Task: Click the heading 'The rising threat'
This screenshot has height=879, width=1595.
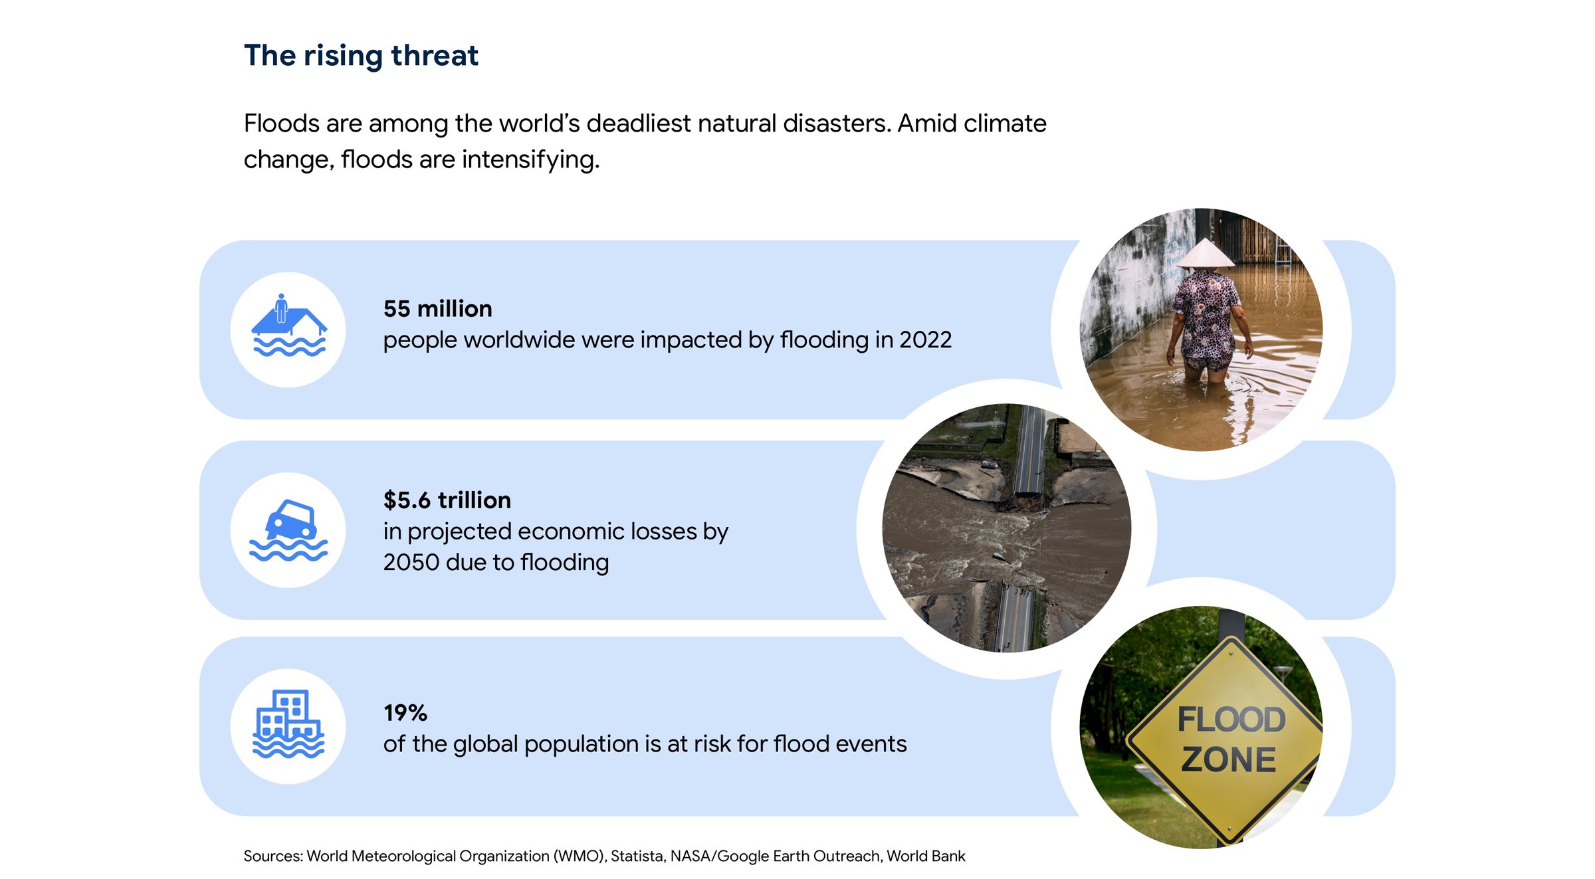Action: pos(361,56)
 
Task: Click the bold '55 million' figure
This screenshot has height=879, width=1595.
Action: pos(437,309)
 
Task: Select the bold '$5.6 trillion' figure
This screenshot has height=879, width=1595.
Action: pos(447,500)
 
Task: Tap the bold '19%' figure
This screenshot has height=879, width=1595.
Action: pos(405,713)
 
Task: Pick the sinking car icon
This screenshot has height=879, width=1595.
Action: pos(289,530)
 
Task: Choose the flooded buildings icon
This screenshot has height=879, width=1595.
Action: pos(288,724)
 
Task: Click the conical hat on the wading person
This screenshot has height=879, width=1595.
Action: pos(1205,254)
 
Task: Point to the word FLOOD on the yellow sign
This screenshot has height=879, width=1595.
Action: pos(1231,720)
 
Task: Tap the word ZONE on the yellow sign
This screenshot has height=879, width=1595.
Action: pos(1229,760)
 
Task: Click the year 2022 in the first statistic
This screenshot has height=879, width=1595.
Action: pos(925,340)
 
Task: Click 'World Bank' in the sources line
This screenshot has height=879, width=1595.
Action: pos(926,856)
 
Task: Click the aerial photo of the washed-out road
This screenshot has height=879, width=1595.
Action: pos(1007,528)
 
